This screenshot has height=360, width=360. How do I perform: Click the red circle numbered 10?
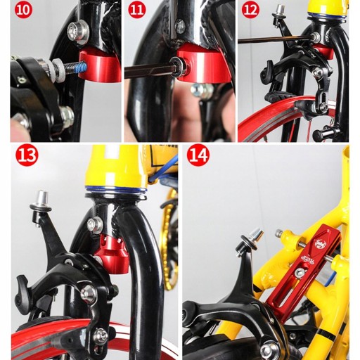tap(23, 10)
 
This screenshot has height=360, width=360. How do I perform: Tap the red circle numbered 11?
tap(137, 10)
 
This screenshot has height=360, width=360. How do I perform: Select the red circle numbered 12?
tap(250, 10)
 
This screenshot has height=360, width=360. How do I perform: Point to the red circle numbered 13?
tap(27, 155)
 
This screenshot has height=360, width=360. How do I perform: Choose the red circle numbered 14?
tap(198, 155)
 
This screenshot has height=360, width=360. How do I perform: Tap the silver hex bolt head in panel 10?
tap(78, 32)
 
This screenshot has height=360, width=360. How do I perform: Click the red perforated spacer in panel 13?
tap(112, 252)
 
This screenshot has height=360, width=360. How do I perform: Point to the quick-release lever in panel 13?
tap(23, 290)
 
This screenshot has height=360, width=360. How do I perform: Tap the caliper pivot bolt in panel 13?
tap(89, 293)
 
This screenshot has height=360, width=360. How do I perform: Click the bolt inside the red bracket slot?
tap(300, 273)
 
